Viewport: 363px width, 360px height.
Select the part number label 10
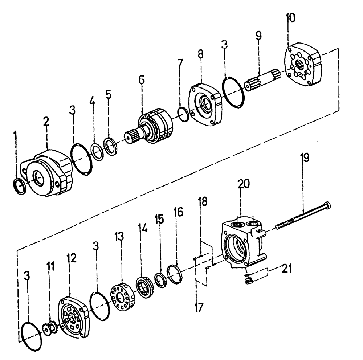pyautogui.click(x=291, y=18)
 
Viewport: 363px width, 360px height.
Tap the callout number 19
pyautogui.click(x=304, y=158)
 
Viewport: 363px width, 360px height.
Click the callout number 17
pyautogui.click(x=199, y=307)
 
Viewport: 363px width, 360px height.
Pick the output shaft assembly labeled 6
pyautogui.click(x=152, y=129)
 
